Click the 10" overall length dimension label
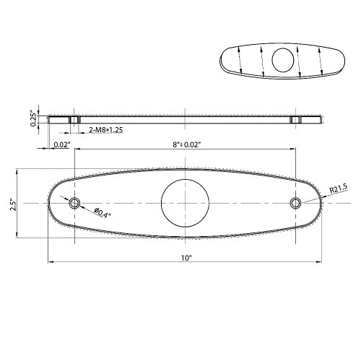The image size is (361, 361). [186, 258]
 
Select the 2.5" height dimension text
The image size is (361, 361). [13, 204]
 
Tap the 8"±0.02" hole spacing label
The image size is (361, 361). [187, 144]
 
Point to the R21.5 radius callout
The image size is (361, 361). [339, 188]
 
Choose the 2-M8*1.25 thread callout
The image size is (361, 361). [106, 130]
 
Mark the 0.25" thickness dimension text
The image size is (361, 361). [33, 117]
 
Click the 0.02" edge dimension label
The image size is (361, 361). [62, 144]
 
